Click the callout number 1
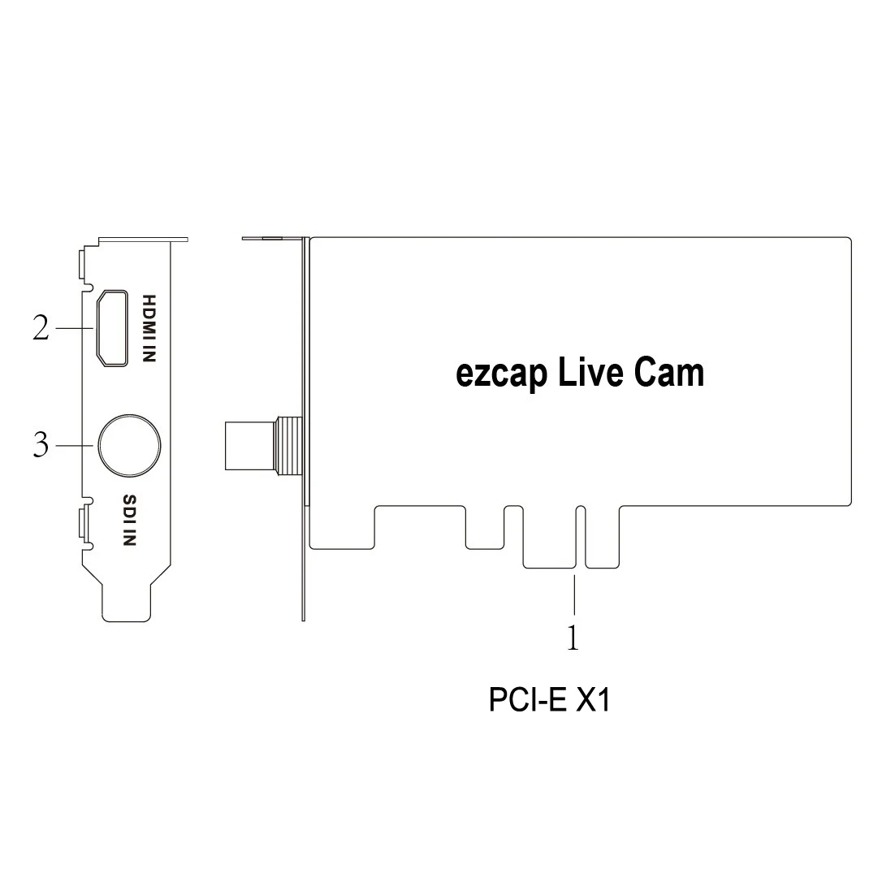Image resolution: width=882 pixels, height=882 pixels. click(573, 638)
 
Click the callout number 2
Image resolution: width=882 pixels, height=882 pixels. click(41, 328)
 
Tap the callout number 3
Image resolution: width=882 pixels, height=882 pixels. click(41, 445)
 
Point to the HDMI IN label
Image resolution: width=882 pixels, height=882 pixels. click(149, 327)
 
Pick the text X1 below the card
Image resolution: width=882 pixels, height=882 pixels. click(592, 700)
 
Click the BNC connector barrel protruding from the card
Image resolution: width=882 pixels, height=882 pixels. click(250, 445)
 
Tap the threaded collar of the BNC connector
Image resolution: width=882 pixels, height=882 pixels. click(288, 445)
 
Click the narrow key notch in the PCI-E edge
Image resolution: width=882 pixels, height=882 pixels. click(579, 536)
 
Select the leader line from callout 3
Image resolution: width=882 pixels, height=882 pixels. click(76, 445)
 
